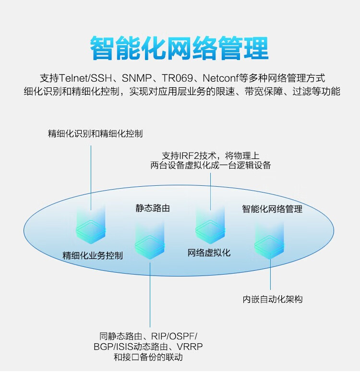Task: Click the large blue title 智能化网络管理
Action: tap(180, 48)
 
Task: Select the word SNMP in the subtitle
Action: tap(137, 78)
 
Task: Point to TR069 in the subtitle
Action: tap(177, 78)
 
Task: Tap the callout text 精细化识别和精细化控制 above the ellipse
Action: tap(95, 133)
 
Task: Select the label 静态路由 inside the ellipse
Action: tap(153, 208)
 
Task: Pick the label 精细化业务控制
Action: tap(93, 256)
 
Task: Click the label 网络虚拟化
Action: tap(209, 253)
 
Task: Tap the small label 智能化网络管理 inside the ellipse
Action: tap(272, 209)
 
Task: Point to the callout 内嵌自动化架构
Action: tap(273, 299)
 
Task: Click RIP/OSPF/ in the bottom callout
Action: tap(174, 337)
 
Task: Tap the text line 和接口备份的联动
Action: tap(148, 357)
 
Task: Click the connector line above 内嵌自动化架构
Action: tap(270, 272)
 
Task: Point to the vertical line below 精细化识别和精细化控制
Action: tap(91, 178)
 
